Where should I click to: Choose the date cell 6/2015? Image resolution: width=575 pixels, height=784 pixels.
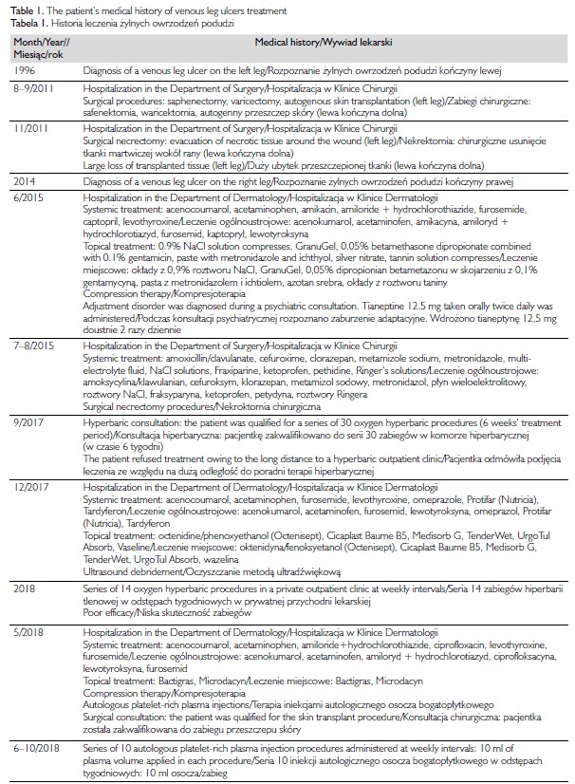pyautogui.click(x=31, y=195)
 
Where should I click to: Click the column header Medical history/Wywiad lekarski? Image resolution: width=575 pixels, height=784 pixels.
pyautogui.click(x=324, y=44)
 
